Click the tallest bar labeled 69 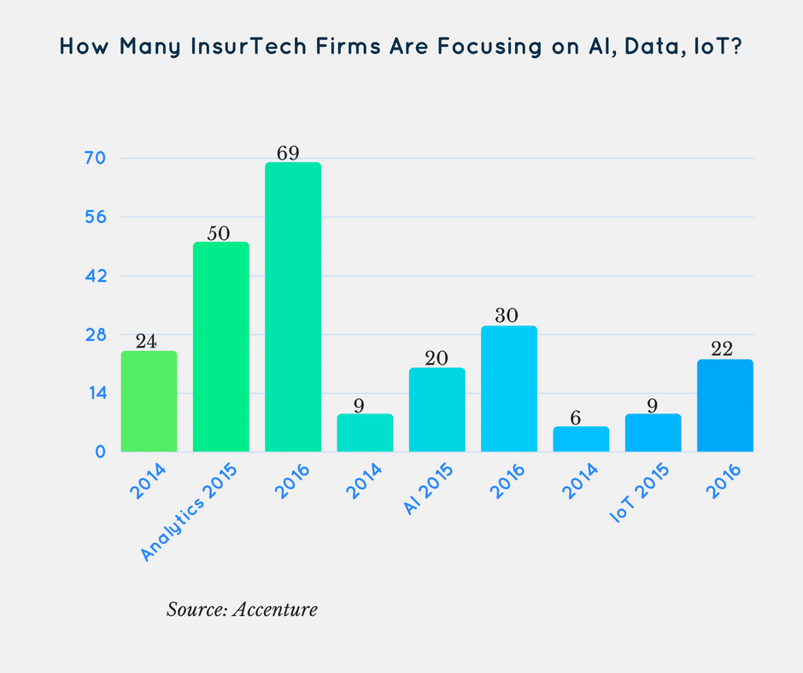pyautogui.click(x=293, y=307)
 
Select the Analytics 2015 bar pyautogui.click(x=221, y=347)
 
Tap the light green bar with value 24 pyautogui.click(x=149, y=401)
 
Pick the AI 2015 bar pyautogui.click(x=437, y=410)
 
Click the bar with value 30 pyautogui.click(x=509, y=389)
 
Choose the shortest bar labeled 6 pyautogui.click(x=581, y=439)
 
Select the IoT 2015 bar pyautogui.click(x=653, y=433)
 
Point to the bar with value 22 pyautogui.click(x=724, y=406)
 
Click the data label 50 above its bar pyautogui.click(x=221, y=232)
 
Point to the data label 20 pyautogui.click(x=437, y=358)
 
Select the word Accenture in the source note pyautogui.click(x=278, y=610)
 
